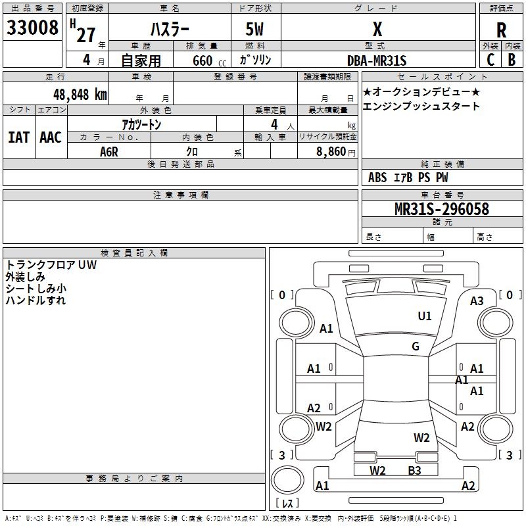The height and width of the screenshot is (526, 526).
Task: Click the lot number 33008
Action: click(x=32, y=28)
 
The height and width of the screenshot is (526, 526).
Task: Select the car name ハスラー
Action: click(x=170, y=29)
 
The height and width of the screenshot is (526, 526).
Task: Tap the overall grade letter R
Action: click(x=501, y=30)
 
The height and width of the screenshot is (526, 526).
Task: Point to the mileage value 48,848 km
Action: click(x=80, y=94)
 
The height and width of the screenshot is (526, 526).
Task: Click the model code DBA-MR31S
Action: click(x=377, y=60)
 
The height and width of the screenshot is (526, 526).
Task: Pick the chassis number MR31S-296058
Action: click(x=442, y=209)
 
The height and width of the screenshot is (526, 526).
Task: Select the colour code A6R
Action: click(x=109, y=152)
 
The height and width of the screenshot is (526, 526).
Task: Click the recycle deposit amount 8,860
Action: click(x=331, y=152)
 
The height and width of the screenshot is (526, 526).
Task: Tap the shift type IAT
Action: click(x=19, y=137)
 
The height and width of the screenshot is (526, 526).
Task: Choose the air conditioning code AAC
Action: click(x=51, y=137)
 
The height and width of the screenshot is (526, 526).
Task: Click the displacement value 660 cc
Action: click(x=209, y=61)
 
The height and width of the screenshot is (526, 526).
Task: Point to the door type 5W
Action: click(x=254, y=29)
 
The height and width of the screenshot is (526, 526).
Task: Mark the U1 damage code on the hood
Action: click(x=424, y=316)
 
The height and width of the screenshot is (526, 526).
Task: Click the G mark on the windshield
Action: click(x=416, y=346)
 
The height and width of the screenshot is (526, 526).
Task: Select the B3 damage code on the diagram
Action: click(x=414, y=470)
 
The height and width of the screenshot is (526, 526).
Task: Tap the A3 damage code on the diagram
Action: click(x=477, y=301)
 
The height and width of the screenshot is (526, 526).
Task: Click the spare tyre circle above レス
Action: click(x=287, y=479)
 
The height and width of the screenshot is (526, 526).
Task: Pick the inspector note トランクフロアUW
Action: click(x=51, y=265)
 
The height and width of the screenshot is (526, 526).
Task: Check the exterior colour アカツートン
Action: click(x=141, y=124)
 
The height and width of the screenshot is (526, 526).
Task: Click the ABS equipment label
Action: click(x=377, y=178)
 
